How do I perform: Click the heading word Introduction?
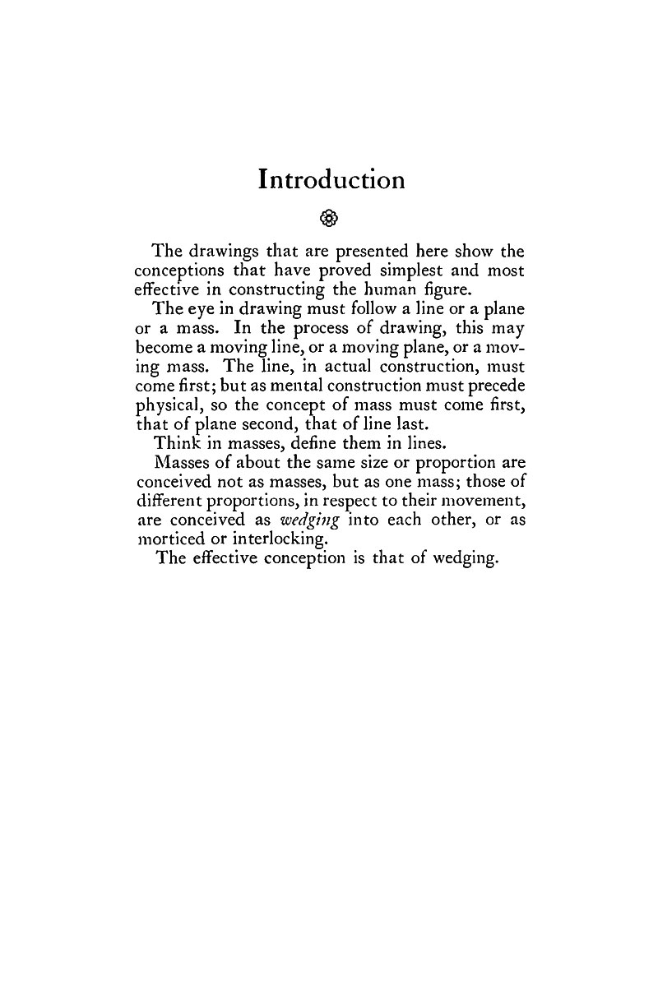[331, 180]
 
